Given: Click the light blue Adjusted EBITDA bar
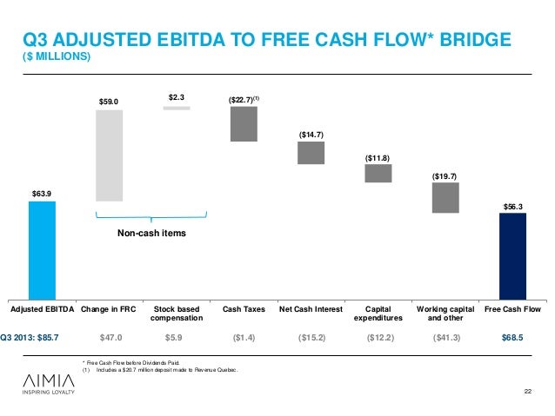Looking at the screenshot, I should [42, 249].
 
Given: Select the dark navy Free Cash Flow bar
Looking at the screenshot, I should [512, 255].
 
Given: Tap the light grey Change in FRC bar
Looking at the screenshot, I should [109, 155].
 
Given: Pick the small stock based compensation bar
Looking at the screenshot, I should [176, 108].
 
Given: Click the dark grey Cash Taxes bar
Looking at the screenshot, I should [244, 123].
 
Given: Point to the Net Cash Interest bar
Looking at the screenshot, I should [311, 153].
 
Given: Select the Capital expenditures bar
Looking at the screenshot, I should [378, 174].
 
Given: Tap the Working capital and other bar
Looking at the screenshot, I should [445, 198].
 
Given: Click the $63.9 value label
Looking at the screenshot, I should [42, 193].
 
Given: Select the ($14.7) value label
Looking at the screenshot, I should [311, 135].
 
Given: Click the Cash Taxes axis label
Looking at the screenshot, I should [244, 308].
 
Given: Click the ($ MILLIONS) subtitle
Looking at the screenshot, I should [56, 58].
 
